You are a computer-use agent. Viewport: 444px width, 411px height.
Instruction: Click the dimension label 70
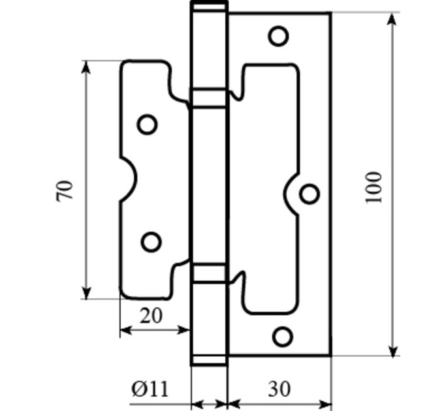click(65, 190)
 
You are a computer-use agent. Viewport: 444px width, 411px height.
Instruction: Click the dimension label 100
click(373, 187)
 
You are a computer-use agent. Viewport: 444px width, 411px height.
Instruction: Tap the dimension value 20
click(151, 316)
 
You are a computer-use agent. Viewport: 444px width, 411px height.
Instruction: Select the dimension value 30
click(279, 389)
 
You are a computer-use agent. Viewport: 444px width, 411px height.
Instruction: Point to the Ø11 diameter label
click(150, 389)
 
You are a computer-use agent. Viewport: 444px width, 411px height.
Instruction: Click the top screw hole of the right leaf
click(278, 36)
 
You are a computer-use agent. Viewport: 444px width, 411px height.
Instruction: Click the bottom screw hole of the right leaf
click(283, 337)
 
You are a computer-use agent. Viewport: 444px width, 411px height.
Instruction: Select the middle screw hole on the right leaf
click(309, 194)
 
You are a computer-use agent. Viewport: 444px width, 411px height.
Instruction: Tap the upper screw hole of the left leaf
click(148, 125)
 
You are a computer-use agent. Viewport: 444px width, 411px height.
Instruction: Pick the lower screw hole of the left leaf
click(151, 242)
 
